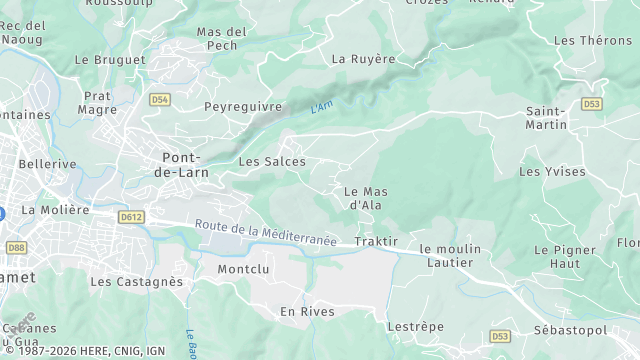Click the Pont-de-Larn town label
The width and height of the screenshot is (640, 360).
click(x=184, y=165)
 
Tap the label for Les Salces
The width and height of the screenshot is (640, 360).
click(x=272, y=161)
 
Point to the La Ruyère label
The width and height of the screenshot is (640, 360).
click(x=363, y=59)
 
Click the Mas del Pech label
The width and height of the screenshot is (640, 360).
click(x=222, y=39)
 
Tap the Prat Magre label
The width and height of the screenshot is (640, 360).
click(x=98, y=103)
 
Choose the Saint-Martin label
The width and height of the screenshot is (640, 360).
click(x=547, y=118)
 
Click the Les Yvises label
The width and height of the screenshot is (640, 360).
click(x=552, y=172)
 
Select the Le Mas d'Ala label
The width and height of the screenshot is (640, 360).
click(x=365, y=198)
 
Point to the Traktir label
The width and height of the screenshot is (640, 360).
click(x=376, y=242)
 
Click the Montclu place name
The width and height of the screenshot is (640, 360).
click(x=244, y=270)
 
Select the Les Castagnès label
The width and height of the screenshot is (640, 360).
click(x=137, y=282)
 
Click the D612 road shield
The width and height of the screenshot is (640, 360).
click(x=130, y=216)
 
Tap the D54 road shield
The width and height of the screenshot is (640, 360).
click(x=160, y=100)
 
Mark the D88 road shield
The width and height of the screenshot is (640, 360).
click(x=16, y=247)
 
